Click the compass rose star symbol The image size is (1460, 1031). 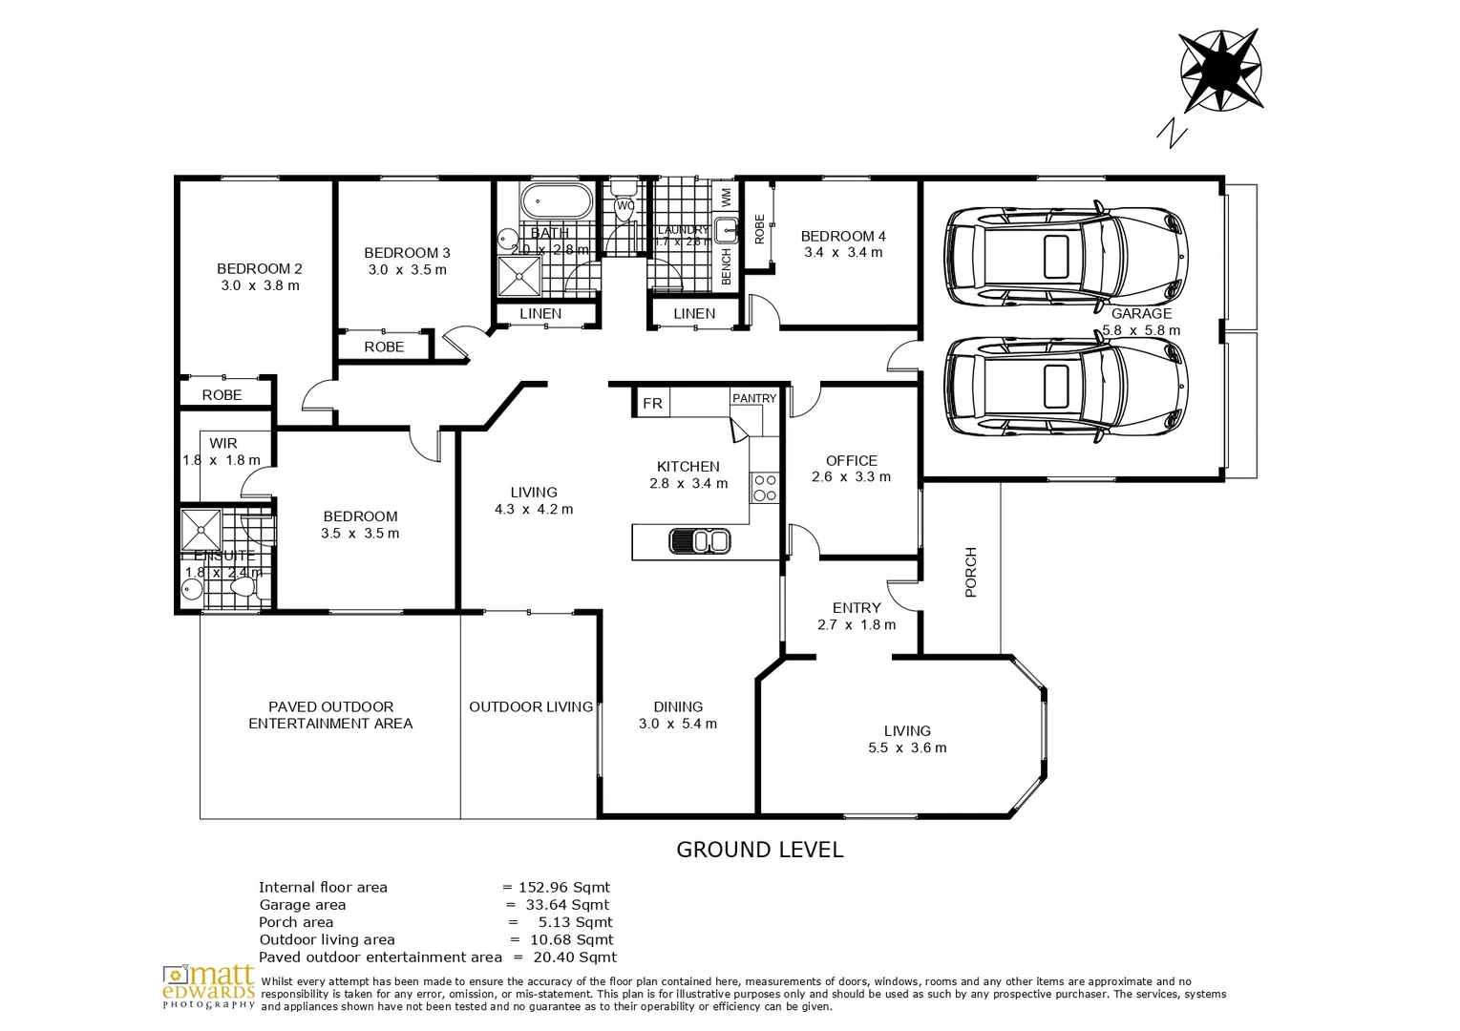click(x=1221, y=71)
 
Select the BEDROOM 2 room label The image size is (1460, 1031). click(x=259, y=269)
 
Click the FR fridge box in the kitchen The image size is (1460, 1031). click(x=652, y=403)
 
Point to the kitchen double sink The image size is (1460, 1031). click(x=700, y=541)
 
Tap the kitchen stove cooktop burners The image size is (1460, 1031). click(x=764, y=487)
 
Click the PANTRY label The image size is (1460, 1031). click(x=754, y=398)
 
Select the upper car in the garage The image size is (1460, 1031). click(x=1066, y=255)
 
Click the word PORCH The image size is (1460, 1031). click(x=971, y=572)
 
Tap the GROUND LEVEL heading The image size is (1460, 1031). click(x=759, y=850)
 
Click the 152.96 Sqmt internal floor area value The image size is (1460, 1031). click(x=563, y=888)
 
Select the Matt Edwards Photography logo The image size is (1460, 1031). click(x=209, y=987)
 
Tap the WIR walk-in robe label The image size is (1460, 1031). click(x=223, y=444)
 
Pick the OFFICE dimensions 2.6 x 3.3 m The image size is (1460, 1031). click(x=851, y=477)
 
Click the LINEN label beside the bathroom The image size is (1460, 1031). click(x=540, y=314)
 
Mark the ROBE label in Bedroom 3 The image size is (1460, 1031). click(x=384, y=347)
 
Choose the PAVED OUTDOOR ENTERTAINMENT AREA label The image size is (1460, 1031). click(x=330, y=715)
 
